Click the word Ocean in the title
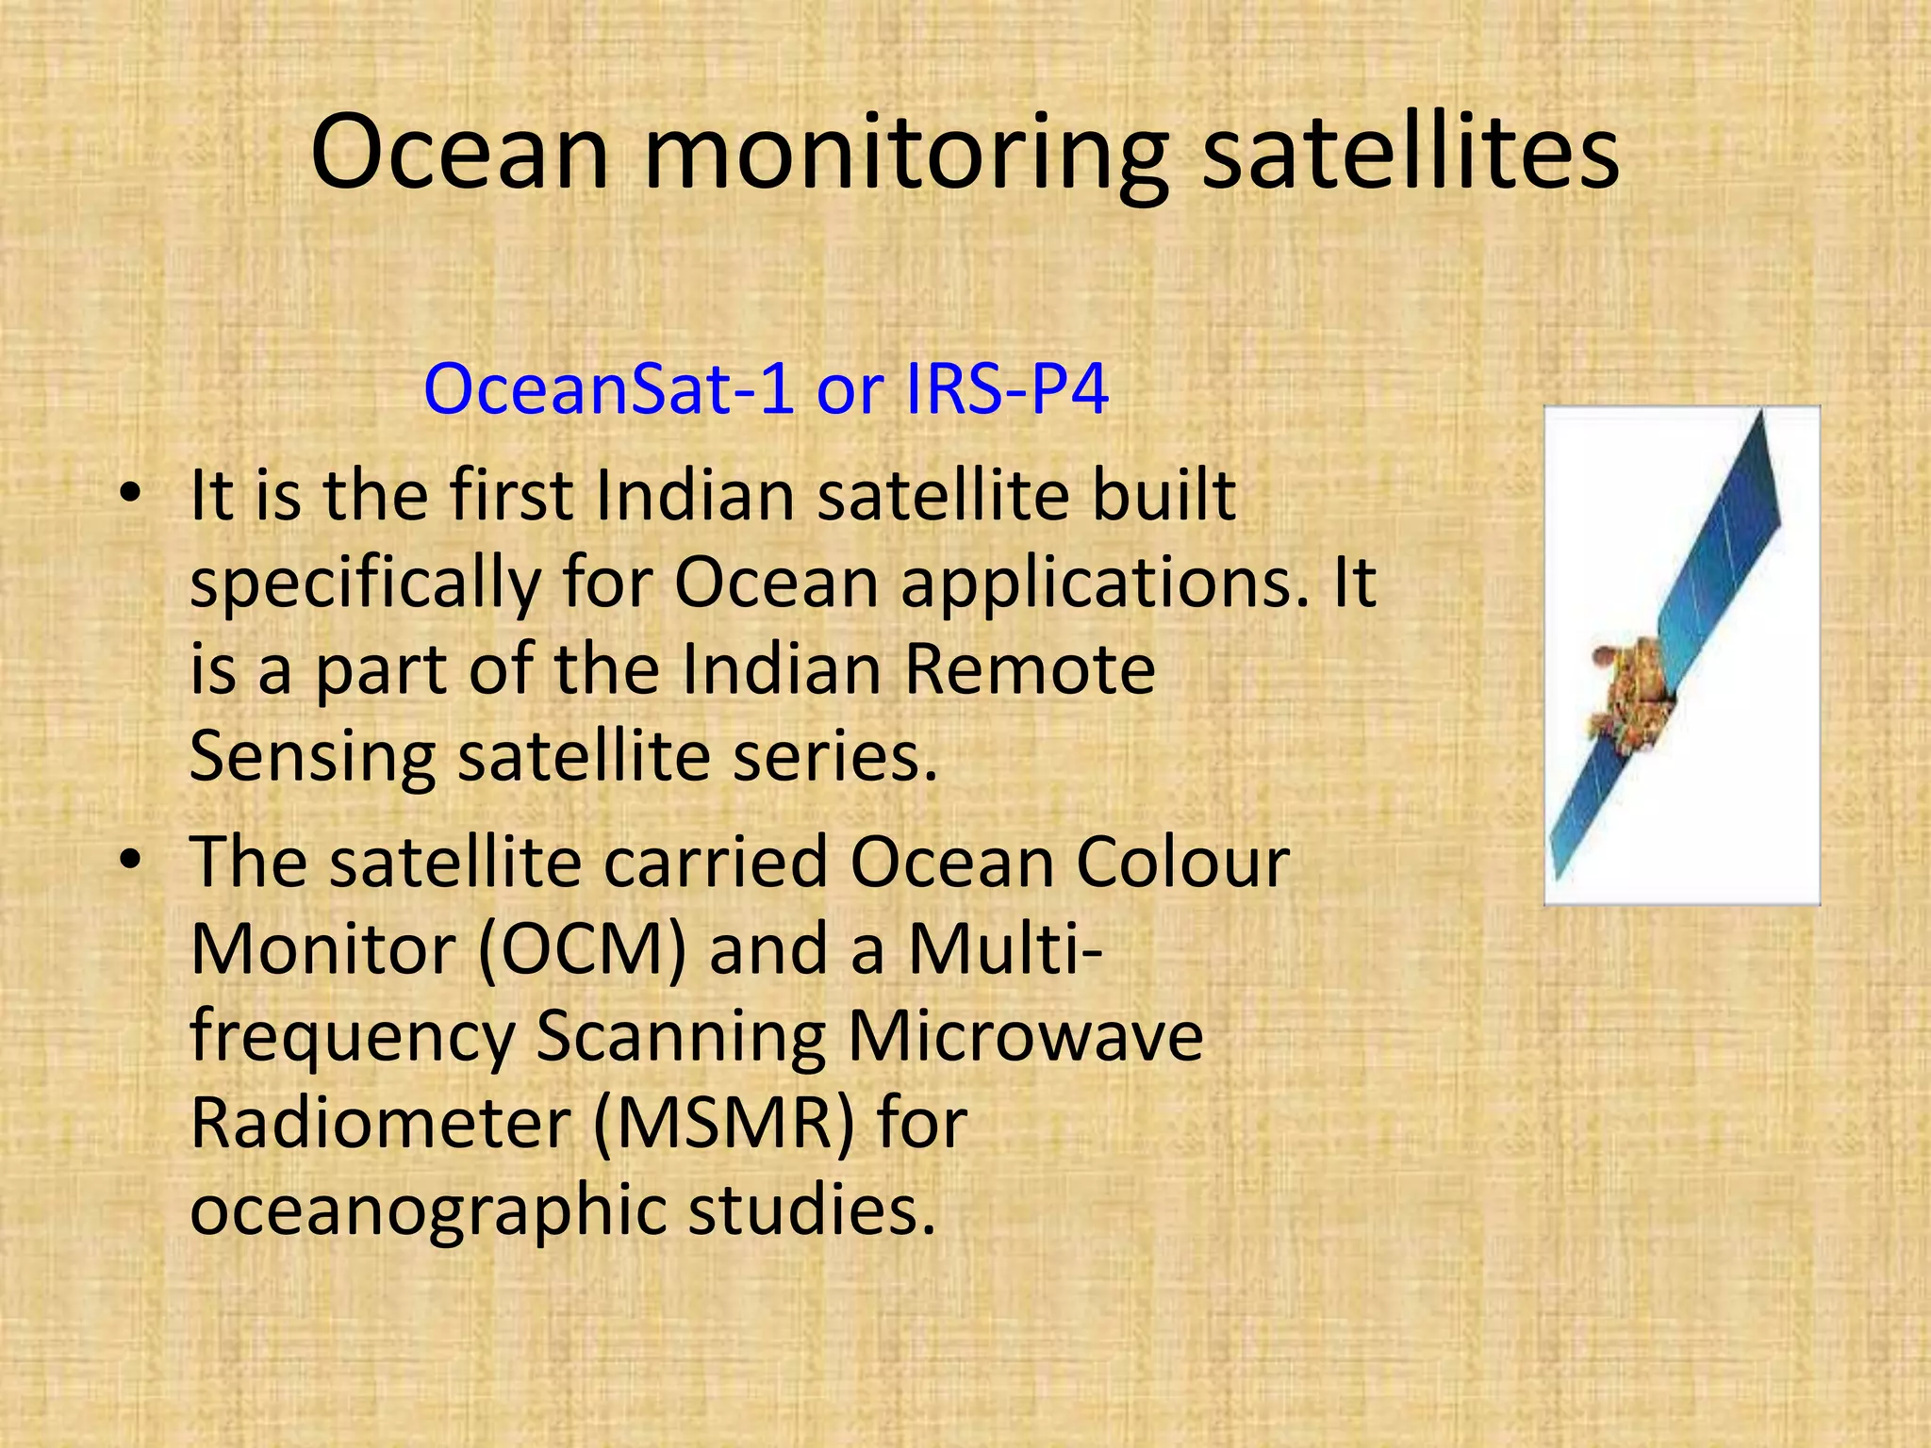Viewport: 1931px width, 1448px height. pyautogui.click(x=459, y=153)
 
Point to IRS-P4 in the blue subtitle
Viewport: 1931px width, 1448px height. pyautogui.click(x=1006, y=389)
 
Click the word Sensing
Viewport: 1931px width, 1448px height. pyautogui.click(x=312, y=756)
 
